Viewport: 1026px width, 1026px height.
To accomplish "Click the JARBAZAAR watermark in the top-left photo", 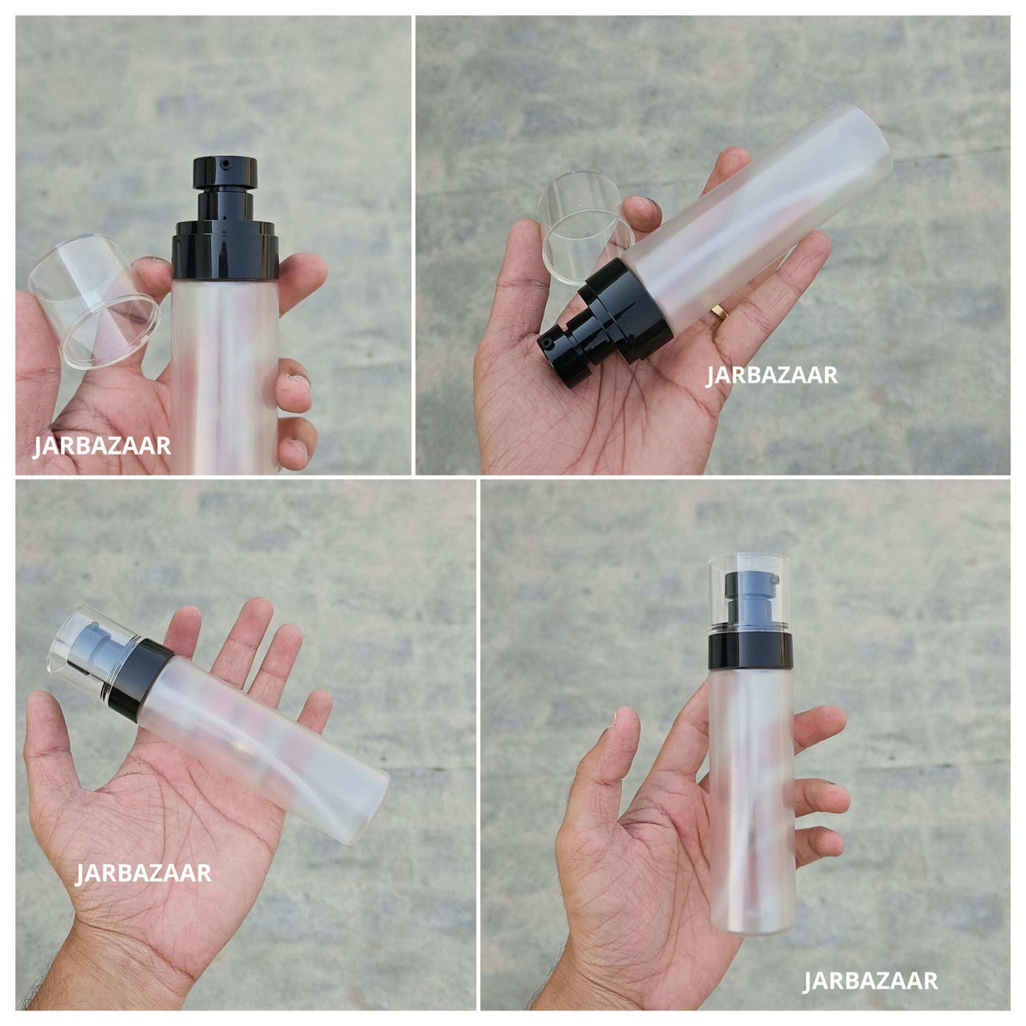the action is tap(102, 446).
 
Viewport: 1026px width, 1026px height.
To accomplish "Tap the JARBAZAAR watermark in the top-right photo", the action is tap(772, 375).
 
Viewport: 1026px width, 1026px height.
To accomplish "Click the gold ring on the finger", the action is tap(721, 312).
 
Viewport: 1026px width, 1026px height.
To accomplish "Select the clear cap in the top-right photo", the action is tap(586, 226).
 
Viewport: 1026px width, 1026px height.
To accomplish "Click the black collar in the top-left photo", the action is tap(225, 250).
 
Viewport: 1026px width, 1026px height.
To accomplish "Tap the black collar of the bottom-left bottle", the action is tap(141, 680).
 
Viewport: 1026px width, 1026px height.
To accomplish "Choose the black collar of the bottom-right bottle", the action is tap(750, 649).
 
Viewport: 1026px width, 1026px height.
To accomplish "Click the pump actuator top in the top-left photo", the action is tap(225, 172).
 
